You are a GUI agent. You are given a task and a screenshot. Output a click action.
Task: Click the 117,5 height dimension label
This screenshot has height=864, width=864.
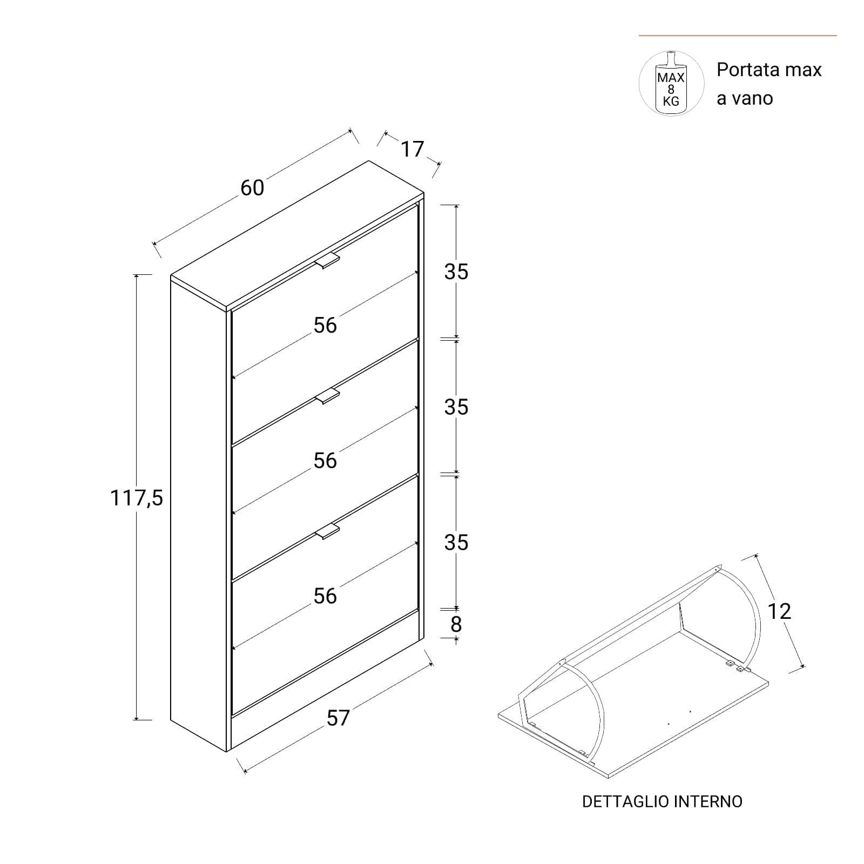pyautogui.click(x=137, y=497)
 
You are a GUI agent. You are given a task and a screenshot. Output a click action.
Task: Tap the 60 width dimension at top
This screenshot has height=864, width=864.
pyautogui.click(x=252, y=188)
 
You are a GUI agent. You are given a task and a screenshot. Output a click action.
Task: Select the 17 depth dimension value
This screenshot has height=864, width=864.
pyautogui.click(x=412, y=148)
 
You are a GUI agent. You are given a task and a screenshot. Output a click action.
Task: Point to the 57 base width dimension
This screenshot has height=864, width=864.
pyautogui.click(x=338, y=718)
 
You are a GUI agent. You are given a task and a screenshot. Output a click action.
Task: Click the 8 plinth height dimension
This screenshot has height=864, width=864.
pyautogui.click(x=456, y=624)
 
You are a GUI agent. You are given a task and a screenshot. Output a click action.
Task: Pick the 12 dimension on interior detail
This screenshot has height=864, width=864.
pyautogui.click(x=779, y=611)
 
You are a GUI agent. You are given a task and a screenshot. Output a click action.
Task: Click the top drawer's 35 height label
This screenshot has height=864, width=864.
pyautogui.click(x=456, y=272)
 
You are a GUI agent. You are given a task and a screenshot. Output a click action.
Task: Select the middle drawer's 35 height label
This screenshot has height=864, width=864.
pyautogui.click(x=456, y=407)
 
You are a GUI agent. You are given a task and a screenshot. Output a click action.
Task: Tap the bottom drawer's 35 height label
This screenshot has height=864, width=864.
pyautogui.click(x=456, y=542)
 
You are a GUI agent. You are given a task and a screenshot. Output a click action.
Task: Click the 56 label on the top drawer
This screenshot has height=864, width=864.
pyautogui.click(x=325, y=325)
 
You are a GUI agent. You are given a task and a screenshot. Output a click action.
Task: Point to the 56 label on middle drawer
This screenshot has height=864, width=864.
pyautogui.click(x=325, y=461)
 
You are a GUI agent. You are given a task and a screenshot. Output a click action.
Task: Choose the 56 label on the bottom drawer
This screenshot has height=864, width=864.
pyautogui.click(x=325, y=596)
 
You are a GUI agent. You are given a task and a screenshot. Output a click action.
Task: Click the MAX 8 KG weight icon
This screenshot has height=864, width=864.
pyautogui.click(x=671, y=83)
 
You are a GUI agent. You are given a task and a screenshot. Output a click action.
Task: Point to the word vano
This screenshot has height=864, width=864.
pyautogui.click(x=753, y=99)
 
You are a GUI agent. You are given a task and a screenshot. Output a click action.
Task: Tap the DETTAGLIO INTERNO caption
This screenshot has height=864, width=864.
pyautogui.click(x=662, y=801)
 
